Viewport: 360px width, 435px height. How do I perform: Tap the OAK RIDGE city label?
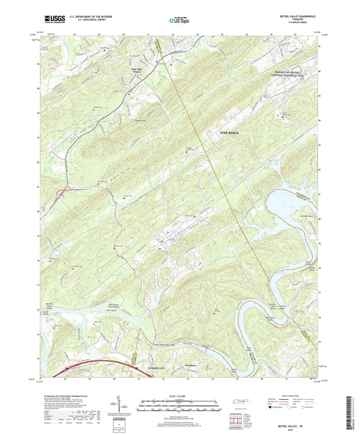pos(229,133)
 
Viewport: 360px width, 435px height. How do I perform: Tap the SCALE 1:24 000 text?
pos(179,395)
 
